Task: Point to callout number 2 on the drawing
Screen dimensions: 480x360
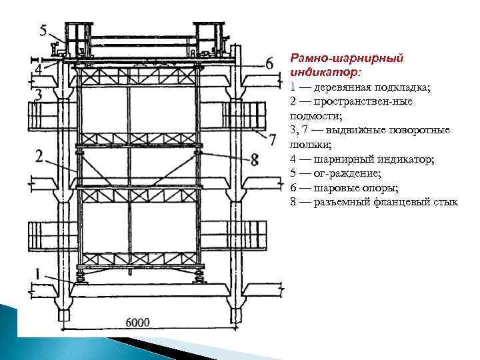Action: [x=40, y=157]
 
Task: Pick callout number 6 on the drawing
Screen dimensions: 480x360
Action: [x=269, y=64]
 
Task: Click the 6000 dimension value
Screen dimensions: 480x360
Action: [x=137, y=323]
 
